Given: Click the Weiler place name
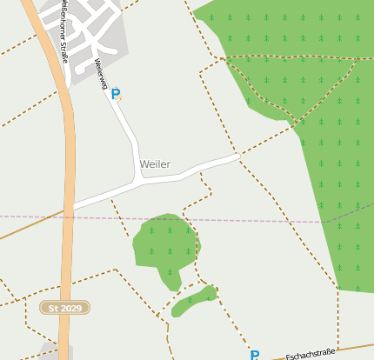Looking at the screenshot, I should (155, 164).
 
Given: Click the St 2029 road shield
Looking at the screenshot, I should (64, 308).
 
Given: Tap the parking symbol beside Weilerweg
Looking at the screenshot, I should (116, 94).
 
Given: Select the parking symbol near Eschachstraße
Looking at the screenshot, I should (255, 355).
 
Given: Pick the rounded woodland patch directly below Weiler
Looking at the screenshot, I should (163, 242).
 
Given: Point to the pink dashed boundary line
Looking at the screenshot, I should (261, 221).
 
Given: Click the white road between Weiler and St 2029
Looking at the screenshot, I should (104, 197).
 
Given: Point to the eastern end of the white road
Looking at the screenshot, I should (237, 157).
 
